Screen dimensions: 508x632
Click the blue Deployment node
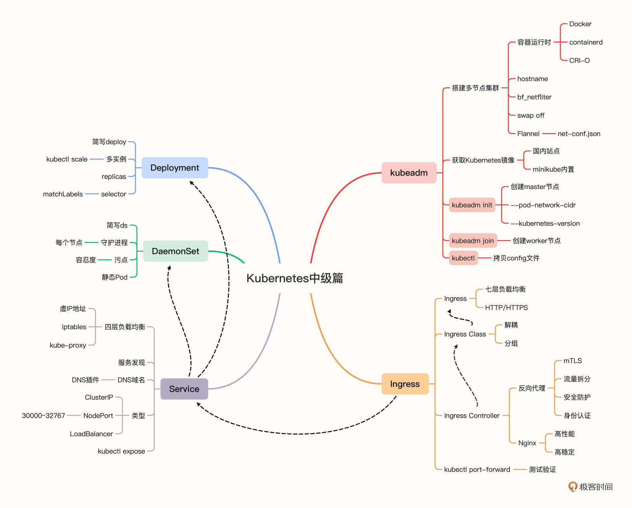(175, 168)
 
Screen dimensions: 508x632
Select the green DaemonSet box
(175, 251)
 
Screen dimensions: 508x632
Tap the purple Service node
(184, 389)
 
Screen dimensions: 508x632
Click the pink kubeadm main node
(409, 173)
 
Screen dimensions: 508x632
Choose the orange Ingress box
(405, 384)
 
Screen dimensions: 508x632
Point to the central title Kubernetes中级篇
(295, 278)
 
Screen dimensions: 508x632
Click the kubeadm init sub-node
(472, 205)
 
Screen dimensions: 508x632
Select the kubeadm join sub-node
(473, 241)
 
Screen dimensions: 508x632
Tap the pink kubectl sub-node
(463, 258)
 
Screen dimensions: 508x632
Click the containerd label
(586, 42)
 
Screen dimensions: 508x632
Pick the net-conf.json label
(579, 134)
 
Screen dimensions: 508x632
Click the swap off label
(531, 116)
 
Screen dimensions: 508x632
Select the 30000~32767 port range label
(43, 415)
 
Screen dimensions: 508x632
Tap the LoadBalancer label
(91, 434)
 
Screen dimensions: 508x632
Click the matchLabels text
(63, 194)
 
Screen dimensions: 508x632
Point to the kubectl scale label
(67, 159)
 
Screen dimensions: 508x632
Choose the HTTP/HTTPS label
(506, 307)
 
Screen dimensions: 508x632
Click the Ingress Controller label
(472, 415)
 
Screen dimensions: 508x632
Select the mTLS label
(572, 361)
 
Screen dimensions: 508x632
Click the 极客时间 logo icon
(573, 486)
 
